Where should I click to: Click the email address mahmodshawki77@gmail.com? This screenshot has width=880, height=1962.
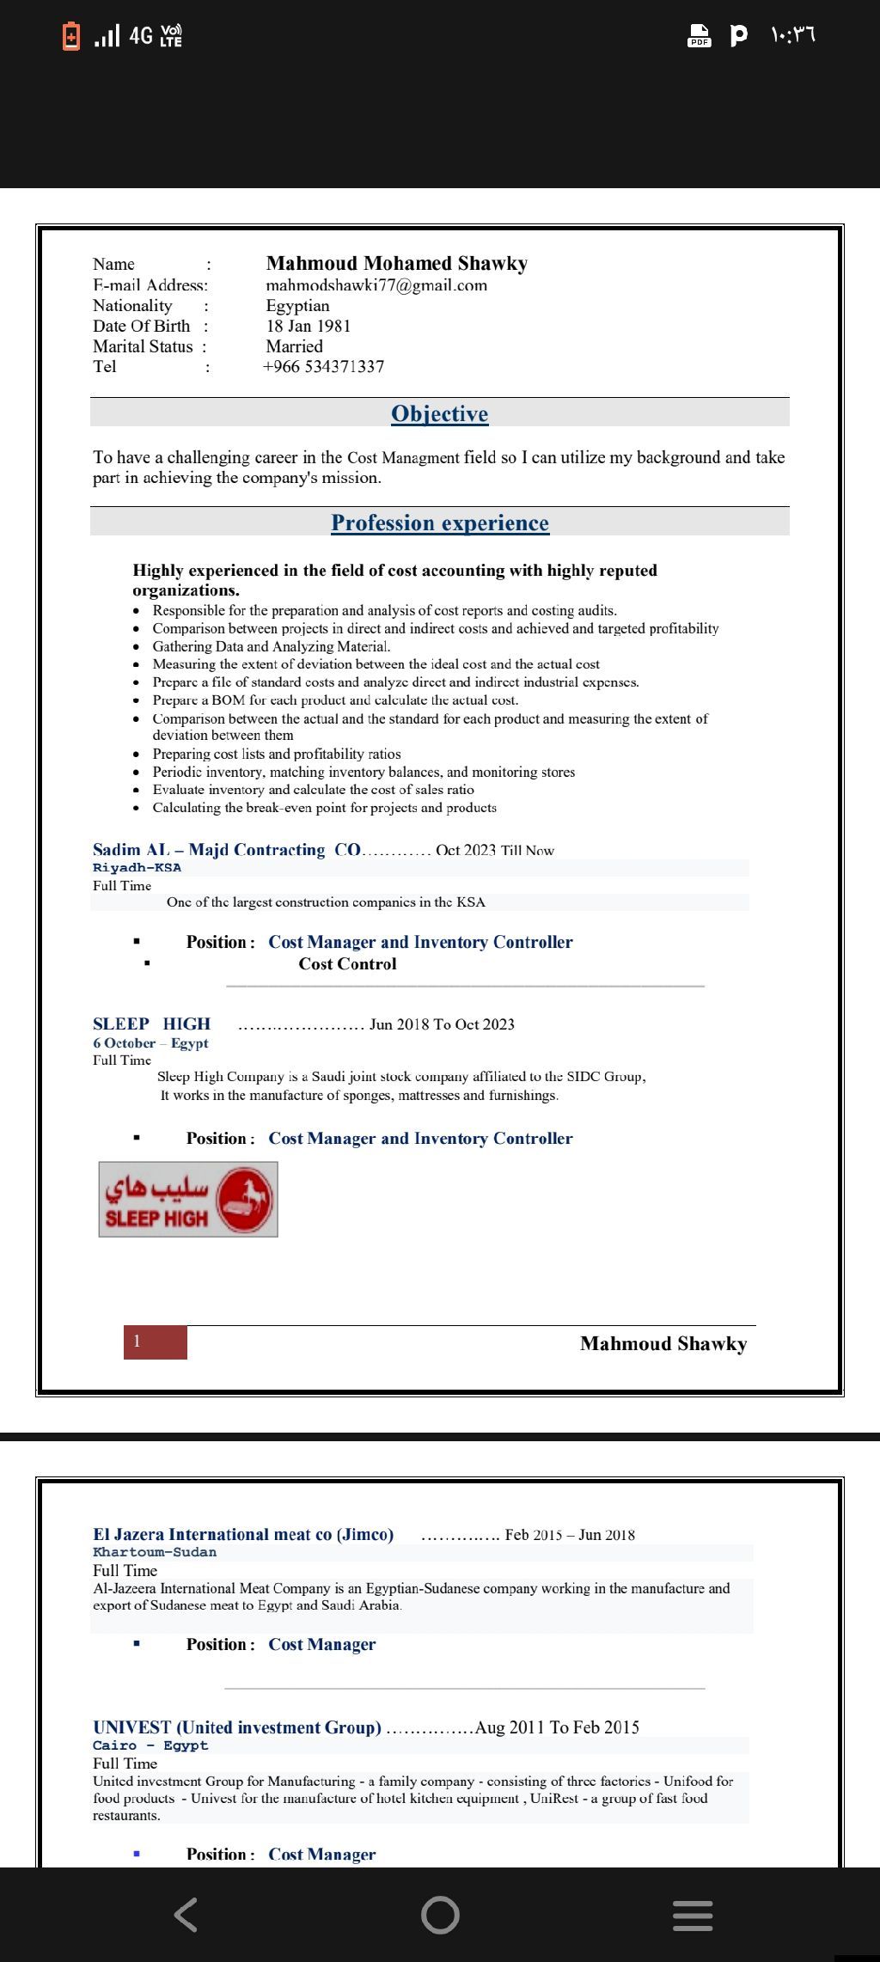point(376,285)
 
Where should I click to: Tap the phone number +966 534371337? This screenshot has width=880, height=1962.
point(324,367)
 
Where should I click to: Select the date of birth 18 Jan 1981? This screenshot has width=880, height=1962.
point(308,326)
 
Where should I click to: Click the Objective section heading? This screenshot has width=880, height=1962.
point(439,414)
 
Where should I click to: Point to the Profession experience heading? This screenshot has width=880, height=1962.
point(439,523)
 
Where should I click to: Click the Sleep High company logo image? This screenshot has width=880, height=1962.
point(188,1199)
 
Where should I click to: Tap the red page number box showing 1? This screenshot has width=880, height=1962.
point(155,1342)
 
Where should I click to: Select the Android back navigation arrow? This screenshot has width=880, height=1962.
point(186,1915)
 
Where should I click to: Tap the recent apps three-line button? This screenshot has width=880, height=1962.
point(692,1916)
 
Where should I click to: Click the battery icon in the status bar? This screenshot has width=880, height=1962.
point(71,35)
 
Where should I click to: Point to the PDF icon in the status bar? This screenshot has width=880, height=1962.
point(700,35)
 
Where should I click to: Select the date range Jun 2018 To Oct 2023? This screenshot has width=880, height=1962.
point(442,1024)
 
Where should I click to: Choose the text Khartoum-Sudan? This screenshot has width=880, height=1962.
point(155,1552)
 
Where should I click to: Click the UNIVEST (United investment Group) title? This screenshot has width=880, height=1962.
point(237,1727)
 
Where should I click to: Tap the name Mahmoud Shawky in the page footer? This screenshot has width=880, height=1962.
point(663,1343)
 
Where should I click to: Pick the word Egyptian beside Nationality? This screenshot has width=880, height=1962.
point(297,306)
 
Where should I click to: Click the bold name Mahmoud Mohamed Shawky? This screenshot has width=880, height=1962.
point(396,264)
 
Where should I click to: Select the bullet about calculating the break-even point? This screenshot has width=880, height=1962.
point(324,808)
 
